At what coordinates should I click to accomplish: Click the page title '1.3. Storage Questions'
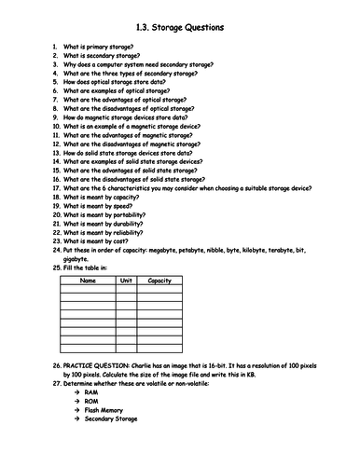pos(180,28)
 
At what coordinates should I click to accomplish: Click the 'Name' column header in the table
pos(89,280)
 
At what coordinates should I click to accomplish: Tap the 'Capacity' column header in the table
pos(159,280)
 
